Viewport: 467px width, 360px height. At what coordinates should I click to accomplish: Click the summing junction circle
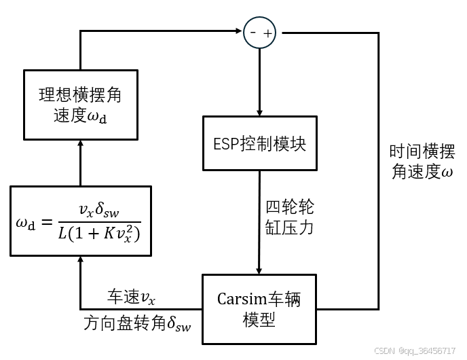point(260,32)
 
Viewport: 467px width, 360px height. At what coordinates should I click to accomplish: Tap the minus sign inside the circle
point(253,32)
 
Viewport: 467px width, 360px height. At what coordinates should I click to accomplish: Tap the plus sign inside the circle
point(267,33)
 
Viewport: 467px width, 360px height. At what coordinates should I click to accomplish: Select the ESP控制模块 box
point(260,144)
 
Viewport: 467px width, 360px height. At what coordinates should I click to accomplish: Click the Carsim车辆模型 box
point(259,309)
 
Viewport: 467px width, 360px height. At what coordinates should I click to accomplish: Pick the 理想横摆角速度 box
point(80,103)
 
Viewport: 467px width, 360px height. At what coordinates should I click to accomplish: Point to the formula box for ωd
point(80,221)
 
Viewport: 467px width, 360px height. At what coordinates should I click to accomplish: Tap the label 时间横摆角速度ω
point(421,161)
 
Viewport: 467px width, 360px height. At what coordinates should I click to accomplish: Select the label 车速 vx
point(132,297)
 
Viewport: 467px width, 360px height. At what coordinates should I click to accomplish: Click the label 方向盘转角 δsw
point(138,323)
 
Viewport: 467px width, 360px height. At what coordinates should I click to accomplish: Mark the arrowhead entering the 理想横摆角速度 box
point(80,142)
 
